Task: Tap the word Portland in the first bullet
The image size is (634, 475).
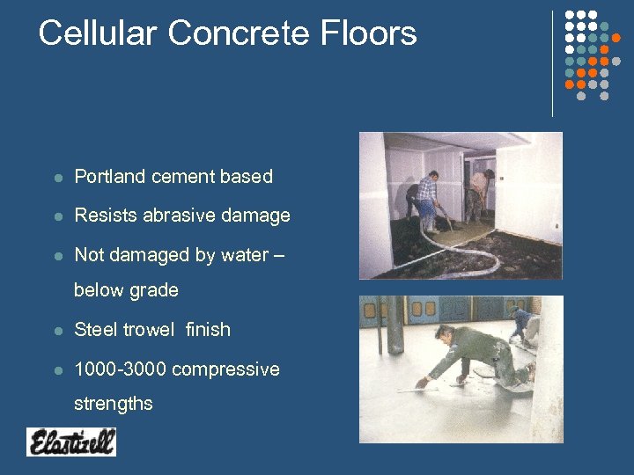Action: [x=109, y=177]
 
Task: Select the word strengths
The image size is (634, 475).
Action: [x=114, y=405]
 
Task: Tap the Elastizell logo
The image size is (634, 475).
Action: [x=71, y=441]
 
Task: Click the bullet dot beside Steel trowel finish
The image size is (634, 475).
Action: [x=57, y=331]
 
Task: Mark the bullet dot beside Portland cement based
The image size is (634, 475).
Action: [x=57, y=178]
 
